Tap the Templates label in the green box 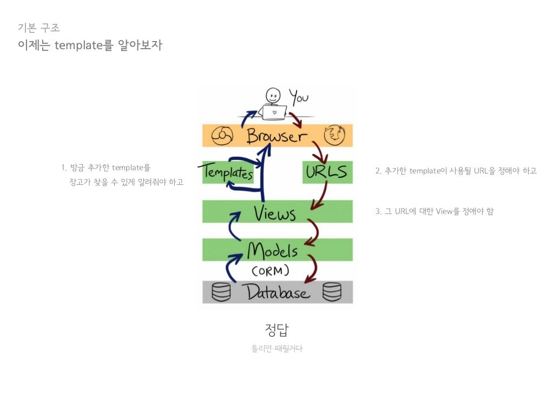(x=228, y=173)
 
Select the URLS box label (x=327, y=172)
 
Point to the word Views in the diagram (x=275, y=213)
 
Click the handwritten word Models (x=272, y=251)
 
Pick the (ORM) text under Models (x=271, y=270)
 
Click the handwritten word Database (x=278, y=292)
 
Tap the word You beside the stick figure (x=298, y=97)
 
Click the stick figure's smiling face (x=274, y=96)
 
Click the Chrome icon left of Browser (x=221, y=136)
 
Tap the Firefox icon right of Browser (x=334, y=135)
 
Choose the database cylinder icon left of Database (x=221, y=292)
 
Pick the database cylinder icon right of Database (x=332, y=292)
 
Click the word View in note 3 (x=444, y=211)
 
